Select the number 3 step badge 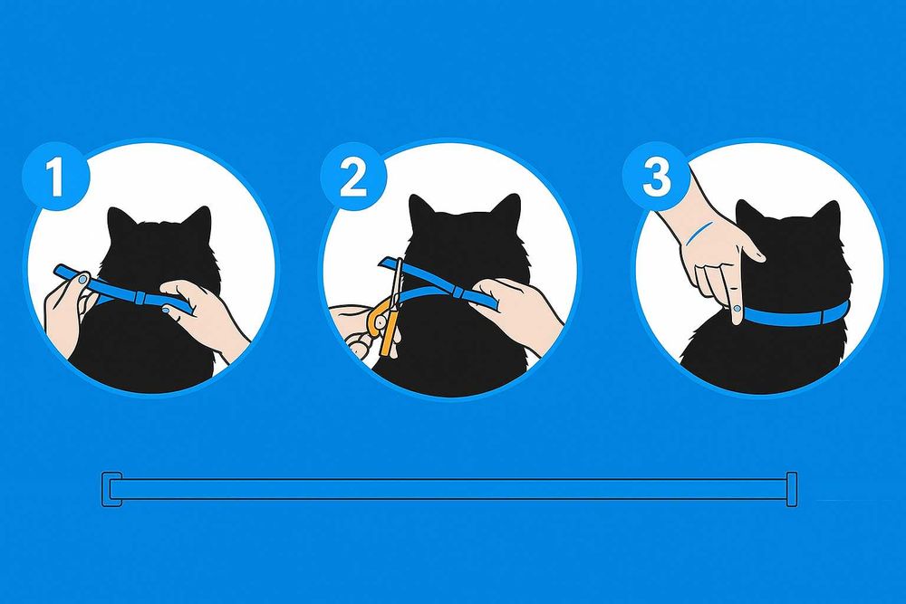click(x=656, y=176)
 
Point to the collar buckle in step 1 click(x=140, y=297)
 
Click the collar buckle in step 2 click(x=458, y=292)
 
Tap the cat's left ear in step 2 click(x=421, y=210)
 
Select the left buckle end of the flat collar click(x=112, y=490)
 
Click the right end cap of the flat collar click(x=792, y=490)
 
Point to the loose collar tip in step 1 click(x=63, y=272)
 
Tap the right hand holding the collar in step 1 click(x=202, y=315)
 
